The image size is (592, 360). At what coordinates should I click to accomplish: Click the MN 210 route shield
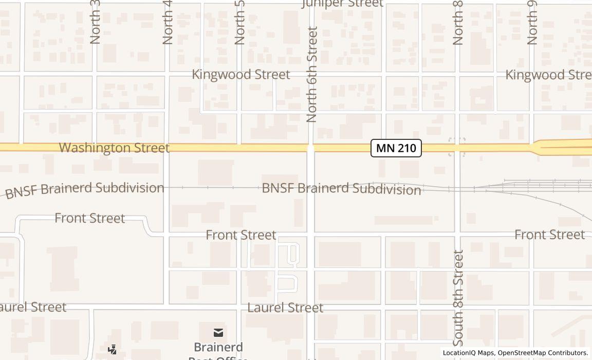(396, 148)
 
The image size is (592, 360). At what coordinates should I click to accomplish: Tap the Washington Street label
(114, 148)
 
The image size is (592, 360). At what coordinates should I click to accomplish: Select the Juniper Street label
(342, 4)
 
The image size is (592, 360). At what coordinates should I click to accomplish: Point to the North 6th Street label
(312, 75)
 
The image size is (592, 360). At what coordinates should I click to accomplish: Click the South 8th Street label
(458, 298)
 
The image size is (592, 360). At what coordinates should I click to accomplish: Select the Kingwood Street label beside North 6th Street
(240, 75)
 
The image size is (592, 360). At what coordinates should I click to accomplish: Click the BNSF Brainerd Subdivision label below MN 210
(341, 189)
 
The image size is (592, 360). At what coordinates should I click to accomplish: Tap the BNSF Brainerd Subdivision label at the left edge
(85, 189)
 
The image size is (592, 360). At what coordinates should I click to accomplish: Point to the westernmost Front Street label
(90, 218)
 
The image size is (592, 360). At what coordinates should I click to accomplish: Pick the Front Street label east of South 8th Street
(549, 235)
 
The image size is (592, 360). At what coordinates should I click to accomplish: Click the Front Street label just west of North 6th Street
(241, 235)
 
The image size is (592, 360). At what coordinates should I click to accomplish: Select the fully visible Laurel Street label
(285, 308)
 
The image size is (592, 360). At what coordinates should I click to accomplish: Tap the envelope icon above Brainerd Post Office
(218, 333)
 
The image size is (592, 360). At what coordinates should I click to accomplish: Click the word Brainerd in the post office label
(218, 347)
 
